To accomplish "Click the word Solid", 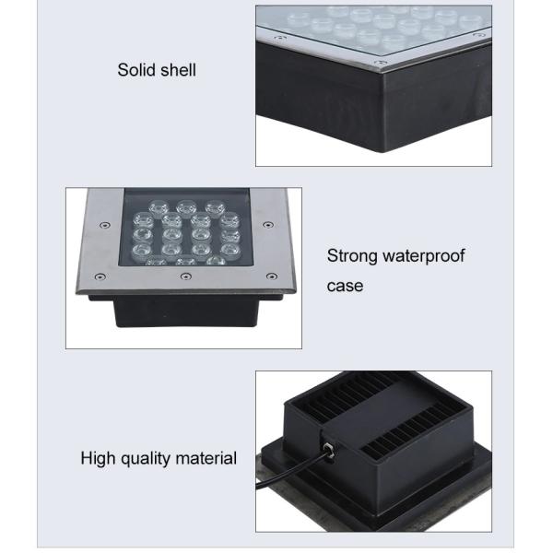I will pyautogui.click(x=135, y=70).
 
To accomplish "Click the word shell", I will pyautogui.click(x=178, y=70).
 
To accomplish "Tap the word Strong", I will pyautogui.click(x=353, y=255).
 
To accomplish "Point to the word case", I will pyautogui.click(x=345, y=286).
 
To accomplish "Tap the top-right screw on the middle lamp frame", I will pyautogui.click(x=267, y=224).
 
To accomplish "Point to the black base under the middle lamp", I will pyautogui.click(x=184, y=313).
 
